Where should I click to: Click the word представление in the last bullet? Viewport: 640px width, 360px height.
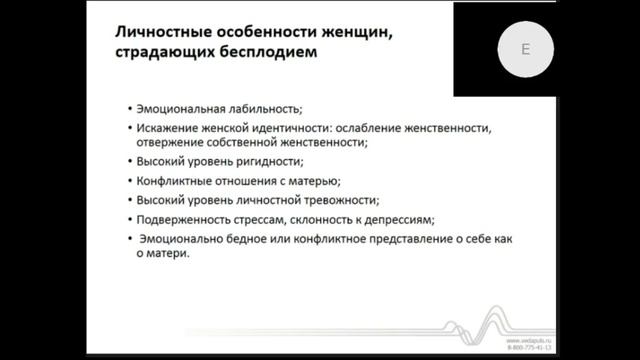[388, 238]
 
